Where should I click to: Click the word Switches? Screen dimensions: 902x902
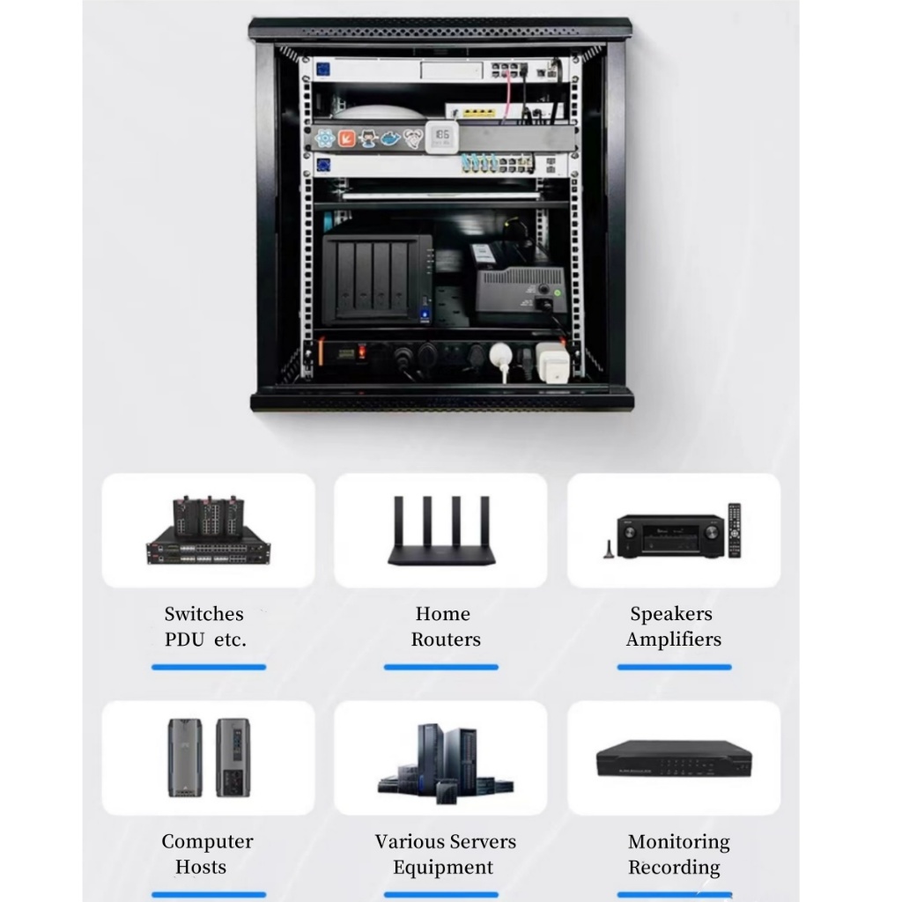pyautogui.click(x=203, y=614)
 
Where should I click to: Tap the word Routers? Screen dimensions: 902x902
pyautogui.click(x=445, y=640)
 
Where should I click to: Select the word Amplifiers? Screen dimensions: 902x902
pyautogui.click(x=673, y=640)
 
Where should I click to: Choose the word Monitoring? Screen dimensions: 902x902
pyautogui.click(x=678, y=842)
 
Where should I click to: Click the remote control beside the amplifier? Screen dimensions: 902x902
pyautogui.click(x=734, y=529)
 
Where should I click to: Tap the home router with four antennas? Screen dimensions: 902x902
pyautogui.click(x=440, y=533)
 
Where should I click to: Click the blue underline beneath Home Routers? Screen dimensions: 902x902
pyautogui.click(x=440, y=667)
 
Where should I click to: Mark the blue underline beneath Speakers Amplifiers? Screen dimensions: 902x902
pyautogui.click(x=674, y=667)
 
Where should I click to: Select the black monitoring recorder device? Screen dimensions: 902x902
pyautogui.click(x=674, y=758)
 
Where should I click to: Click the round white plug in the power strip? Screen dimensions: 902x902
pyautogui.click(x=501, y=353)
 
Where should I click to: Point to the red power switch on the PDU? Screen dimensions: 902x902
pyautogui.click(x=361, y=354)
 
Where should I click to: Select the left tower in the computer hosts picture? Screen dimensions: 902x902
pyautogui.click(x=185, y=758)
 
